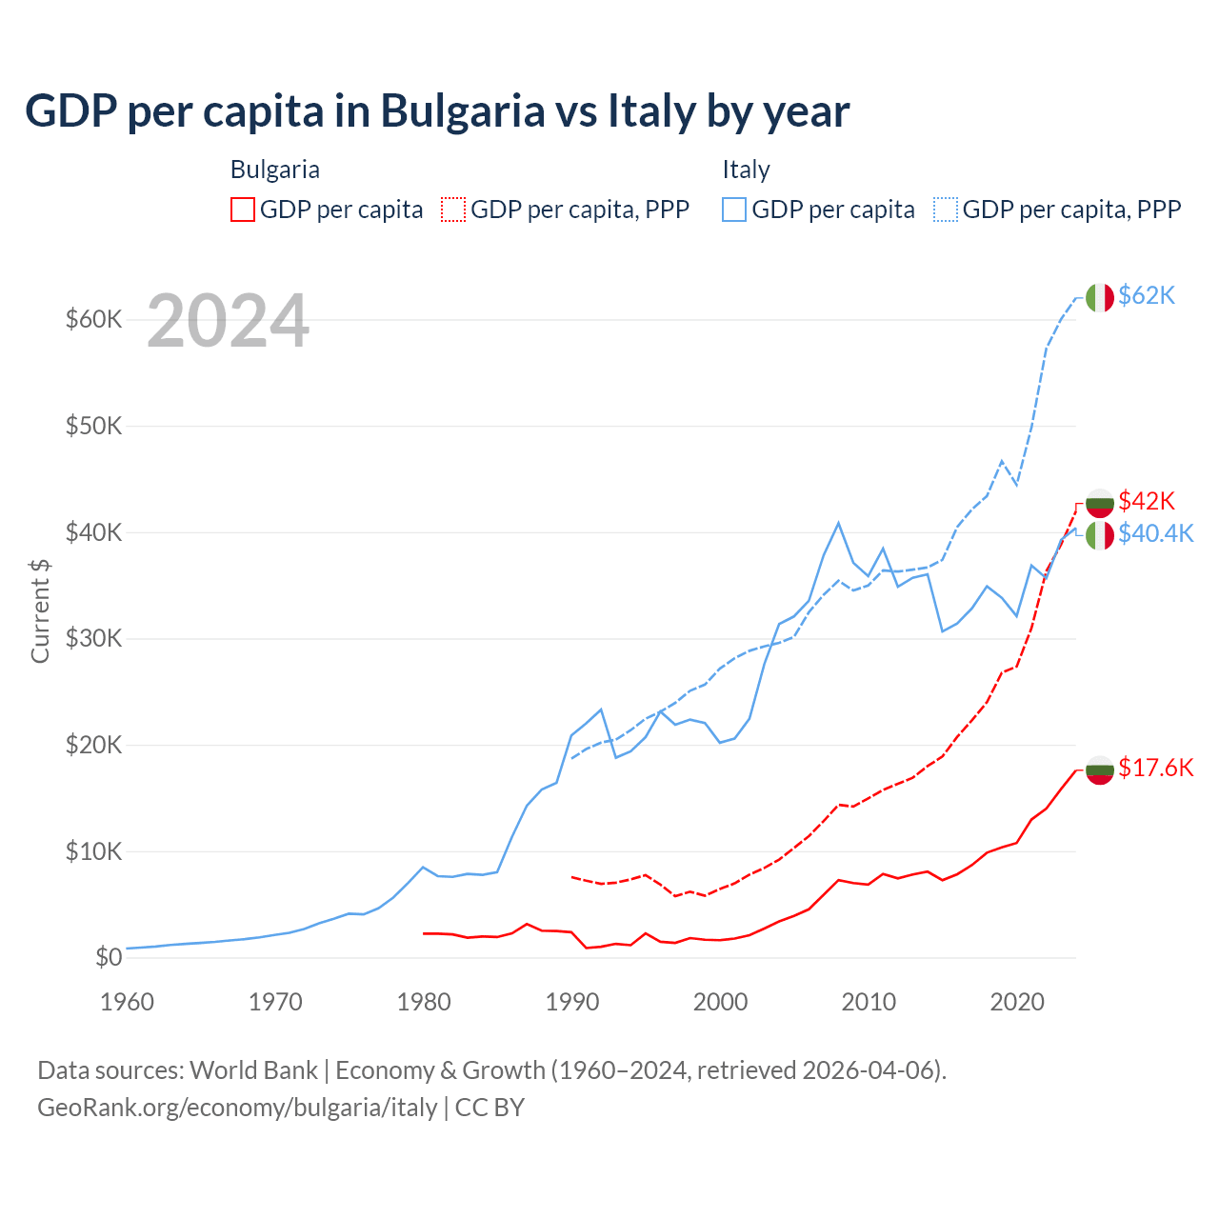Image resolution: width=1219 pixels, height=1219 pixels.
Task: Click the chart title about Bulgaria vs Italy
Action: (x=437, y=111)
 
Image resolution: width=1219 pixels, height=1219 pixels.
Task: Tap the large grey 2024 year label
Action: (x=229, y=322)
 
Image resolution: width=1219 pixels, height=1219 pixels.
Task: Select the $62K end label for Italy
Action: (x=1147, y=296)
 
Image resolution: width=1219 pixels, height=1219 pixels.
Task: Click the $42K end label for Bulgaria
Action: (x=1147, y=501)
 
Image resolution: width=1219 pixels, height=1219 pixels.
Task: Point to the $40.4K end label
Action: (x=1155, y=533)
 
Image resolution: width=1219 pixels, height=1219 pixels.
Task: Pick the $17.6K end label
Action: (x=1155, y=768)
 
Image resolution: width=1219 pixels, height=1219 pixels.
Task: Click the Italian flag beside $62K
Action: (x=1100, y=297)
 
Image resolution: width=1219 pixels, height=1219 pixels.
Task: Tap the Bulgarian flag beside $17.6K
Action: (x=1100, y=769)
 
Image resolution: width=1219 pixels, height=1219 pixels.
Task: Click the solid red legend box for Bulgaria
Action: (x=243, y=210)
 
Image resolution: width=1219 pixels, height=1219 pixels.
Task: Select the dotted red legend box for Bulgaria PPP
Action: (x=453, y=210)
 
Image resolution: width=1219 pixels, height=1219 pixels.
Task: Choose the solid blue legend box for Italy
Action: (x=734, y=210)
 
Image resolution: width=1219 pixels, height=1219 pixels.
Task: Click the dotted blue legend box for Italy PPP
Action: (x=946, y=210)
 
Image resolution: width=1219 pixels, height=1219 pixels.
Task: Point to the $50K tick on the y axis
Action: (x=93, y=426)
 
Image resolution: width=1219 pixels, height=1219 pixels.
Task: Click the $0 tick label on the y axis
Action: (x=109, y=957)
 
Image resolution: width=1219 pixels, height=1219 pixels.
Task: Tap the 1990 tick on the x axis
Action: (x=572, y=1002)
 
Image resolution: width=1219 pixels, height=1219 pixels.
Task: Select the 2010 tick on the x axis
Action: (x=869, y=1002)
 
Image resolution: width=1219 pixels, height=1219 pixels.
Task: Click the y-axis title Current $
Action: (x=40, y=610)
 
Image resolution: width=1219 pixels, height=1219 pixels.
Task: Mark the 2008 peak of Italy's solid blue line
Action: (x=838, y=523)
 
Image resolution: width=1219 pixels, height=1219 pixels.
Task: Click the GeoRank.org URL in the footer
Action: (x=237, y=1108)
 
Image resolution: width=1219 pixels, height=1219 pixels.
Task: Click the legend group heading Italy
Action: (x=746, y=170)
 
